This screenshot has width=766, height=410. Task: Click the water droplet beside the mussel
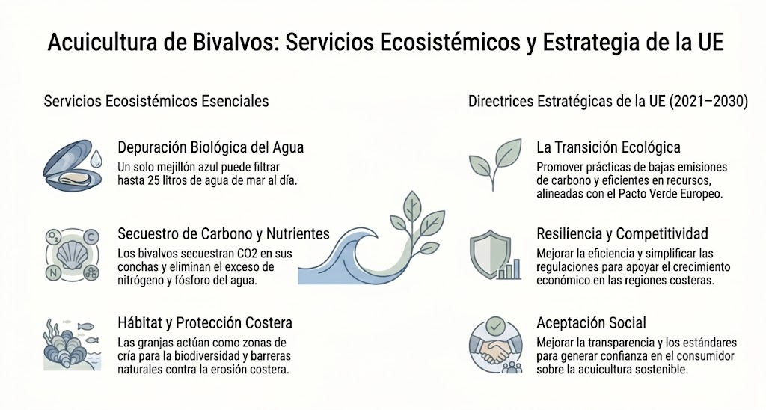[96, 159]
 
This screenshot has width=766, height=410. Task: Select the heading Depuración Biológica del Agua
[210, 147]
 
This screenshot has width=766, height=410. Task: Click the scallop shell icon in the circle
[73, 254]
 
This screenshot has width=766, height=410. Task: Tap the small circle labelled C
[91, 238]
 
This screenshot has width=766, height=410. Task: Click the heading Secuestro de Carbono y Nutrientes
[223, 234]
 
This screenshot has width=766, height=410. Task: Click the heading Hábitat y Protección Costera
[205, 323]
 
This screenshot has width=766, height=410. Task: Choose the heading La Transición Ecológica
[608, 147]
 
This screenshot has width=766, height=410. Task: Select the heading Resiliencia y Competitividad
[622, 234]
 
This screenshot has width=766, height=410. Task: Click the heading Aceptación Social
[591, 323]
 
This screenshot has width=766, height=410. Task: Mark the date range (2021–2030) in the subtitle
[708, 101]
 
